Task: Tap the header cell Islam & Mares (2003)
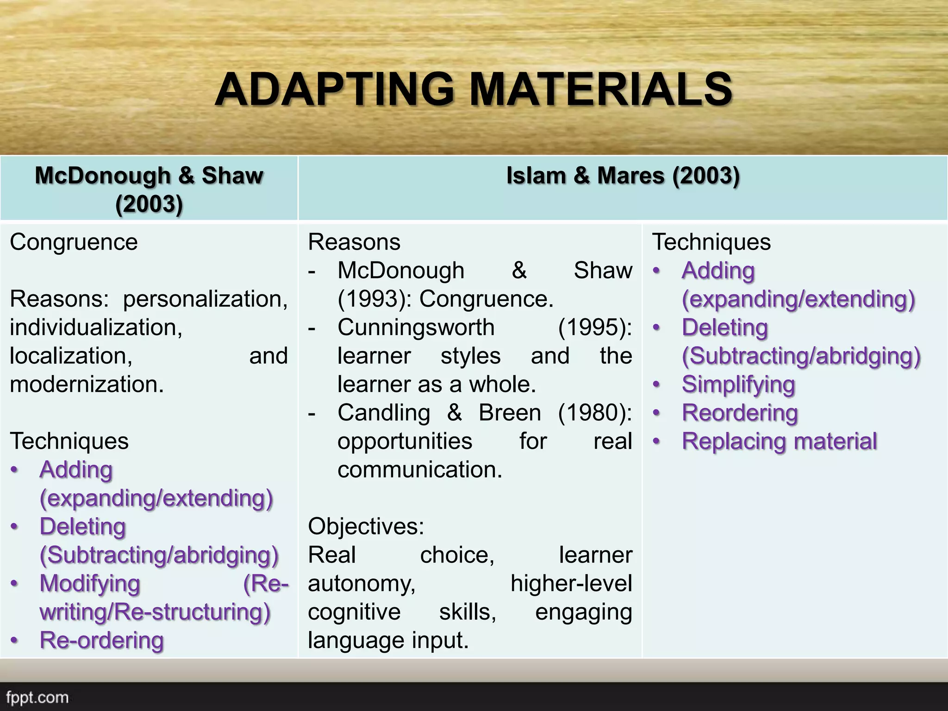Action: (623, 176)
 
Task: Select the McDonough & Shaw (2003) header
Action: (149, 189)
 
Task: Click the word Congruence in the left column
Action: (74, 242)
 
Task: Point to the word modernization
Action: (87, 384)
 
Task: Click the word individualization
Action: (96, 327)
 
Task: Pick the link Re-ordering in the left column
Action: (102, 641)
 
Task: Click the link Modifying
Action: (90, 584)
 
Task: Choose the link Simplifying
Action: (738, 385)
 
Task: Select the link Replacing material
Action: (780, 442)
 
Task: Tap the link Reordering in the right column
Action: (740, 413)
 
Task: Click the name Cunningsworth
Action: (416, 327)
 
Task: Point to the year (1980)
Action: (595, 413)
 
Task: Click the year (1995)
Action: (595, 327)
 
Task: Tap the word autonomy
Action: (362, 584)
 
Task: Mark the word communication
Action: (419, 470)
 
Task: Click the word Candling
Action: (384, 413)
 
